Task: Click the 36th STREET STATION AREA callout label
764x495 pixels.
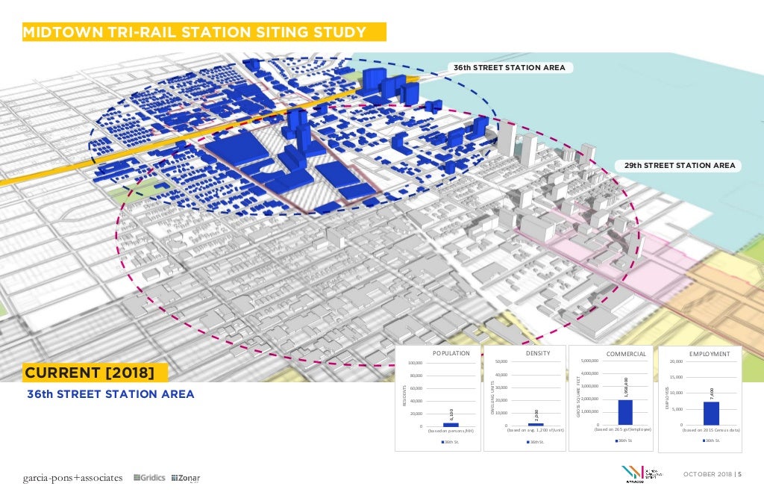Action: pos(509,68)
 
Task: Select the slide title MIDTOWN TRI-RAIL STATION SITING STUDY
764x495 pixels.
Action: pos(195,33)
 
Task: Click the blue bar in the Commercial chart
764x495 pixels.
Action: pos(624,412)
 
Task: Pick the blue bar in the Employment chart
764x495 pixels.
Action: pos(711,413)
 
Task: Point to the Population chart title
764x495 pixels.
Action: pos(451,353)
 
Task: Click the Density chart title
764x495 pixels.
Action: pos(538,353)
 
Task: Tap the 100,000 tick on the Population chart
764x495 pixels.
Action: pos(416,363)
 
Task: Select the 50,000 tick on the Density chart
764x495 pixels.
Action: pos(501,362)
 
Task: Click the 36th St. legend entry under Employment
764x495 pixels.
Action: pos(711,440)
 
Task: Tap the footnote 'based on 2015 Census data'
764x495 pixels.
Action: pos(711,431)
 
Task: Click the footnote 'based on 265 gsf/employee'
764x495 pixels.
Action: pos(624,430)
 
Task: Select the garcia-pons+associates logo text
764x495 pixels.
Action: pos(72,478)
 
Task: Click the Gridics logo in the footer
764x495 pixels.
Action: pos(148,478)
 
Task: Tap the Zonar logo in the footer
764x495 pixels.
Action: pos(186,478)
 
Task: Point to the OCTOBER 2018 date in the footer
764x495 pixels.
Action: pos(708,476)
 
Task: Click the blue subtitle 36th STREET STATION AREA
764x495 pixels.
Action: pos(110,393)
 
